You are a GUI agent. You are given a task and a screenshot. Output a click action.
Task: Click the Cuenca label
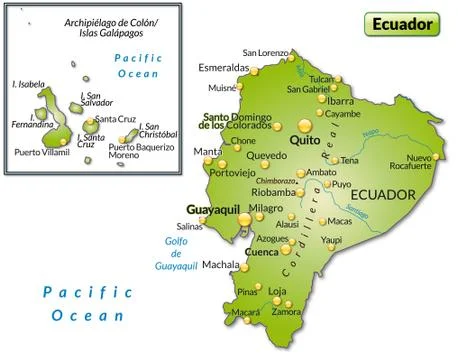click(x=261, y=252)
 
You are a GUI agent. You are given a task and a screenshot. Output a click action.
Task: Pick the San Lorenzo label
click(x=264, y=52)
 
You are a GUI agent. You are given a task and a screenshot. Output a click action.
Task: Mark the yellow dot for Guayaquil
click(x=244, y=219)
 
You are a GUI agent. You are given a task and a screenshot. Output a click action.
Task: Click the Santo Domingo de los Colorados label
click(x=239, y=121)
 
